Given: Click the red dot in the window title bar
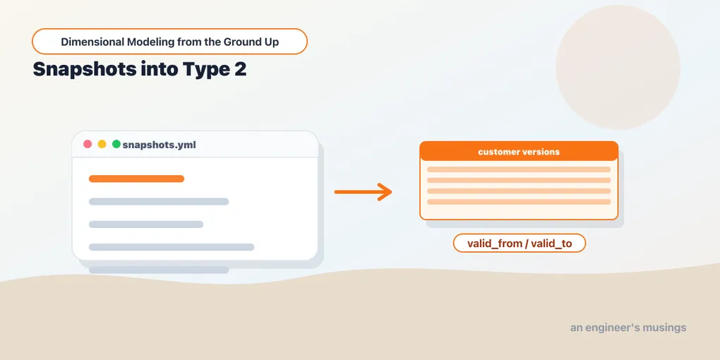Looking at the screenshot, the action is pyautogui.click(x=88, y=144).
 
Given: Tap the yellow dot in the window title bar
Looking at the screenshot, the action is pyautogui.click(x=102, y=144).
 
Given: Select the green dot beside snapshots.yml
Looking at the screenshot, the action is pyautogui.click(x=116, y=144).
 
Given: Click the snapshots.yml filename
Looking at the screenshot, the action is pyautogui.click(x=160, y=145).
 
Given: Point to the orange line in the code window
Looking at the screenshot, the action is pyautogui.click(x=136, y=179).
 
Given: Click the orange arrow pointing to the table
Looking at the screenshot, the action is pyautogui.click(x=363, y=191).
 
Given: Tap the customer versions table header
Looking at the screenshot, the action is pyautogui.click(x=519, y=151).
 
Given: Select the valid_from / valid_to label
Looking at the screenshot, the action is pyautogui.click(x=520, y=243).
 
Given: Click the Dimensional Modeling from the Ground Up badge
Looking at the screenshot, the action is pyautogui.click(x=169, y=42).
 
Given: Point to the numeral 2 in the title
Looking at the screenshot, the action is pyautogui.click(x=240, y=68).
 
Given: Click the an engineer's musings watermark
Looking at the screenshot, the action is pyautogui.click(x=628, y=328).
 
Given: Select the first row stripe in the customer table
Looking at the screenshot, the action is pyautogui.click(x=519, y=169).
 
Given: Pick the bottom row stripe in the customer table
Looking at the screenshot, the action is pyautogui.click(x=519, y=202).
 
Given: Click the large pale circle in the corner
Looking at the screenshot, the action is pyautogui.click(x=618, y=67).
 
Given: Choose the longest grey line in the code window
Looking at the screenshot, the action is pyautogui.click(x=172, y=247).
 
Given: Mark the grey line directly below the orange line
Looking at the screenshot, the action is pyautogui.click(x=158, y=201).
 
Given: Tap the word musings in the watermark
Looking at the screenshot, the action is pyautogui.click(x=665, y=328).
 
